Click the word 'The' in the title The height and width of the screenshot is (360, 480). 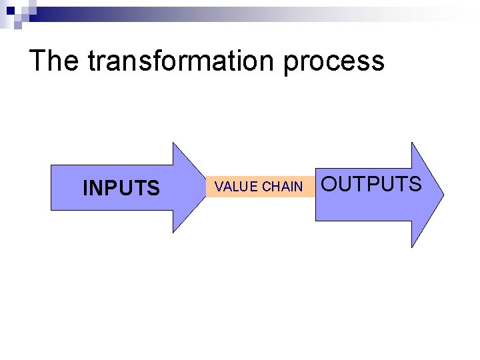click(x=55, y=61)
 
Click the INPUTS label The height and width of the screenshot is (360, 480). click(x=121, y=189)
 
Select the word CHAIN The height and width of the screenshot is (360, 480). click(x=282, y=187)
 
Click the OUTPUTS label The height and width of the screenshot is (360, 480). click(x=372, y=184)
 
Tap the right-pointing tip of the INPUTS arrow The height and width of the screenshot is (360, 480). click(x=205, y=187)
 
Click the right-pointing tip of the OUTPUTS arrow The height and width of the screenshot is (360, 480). click(x=443, y=195)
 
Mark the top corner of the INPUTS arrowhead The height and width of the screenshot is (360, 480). click(x=173, y=143)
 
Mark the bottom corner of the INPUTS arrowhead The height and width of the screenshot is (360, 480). click(x=173, y=232)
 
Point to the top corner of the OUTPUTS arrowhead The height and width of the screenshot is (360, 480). click(x=412, y=143)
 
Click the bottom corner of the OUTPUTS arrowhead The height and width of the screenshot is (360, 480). click(x=412, y=247)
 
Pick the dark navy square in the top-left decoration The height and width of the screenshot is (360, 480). click(x=11, y=10)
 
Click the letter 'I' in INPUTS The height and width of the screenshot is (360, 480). click(x=85, y=189)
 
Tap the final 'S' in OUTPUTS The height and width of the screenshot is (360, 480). click(x=415, y=184)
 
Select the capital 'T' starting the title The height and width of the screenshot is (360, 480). click(x=37, y=61)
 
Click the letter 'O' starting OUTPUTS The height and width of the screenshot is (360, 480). click(x=331, y=184)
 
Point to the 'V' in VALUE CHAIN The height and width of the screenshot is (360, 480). click(x=218, y=187)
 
